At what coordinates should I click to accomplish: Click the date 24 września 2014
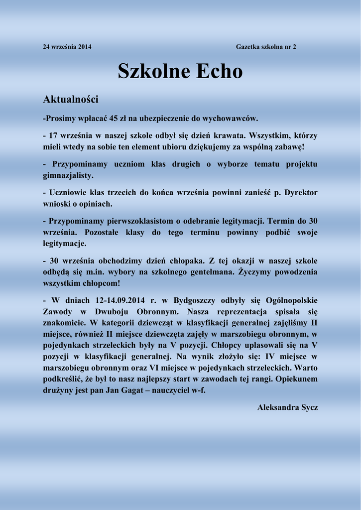tap(67, 47)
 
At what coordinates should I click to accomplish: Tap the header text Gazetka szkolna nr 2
tap(266, 47)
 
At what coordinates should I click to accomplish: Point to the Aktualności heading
tap(71, 100)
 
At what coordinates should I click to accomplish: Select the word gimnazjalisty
tap(68, 175)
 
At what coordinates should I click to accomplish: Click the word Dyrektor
tap(301, 192)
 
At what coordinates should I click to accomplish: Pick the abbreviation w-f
tap(198, 390)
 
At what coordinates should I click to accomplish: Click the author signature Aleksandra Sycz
tap(287, 407)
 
